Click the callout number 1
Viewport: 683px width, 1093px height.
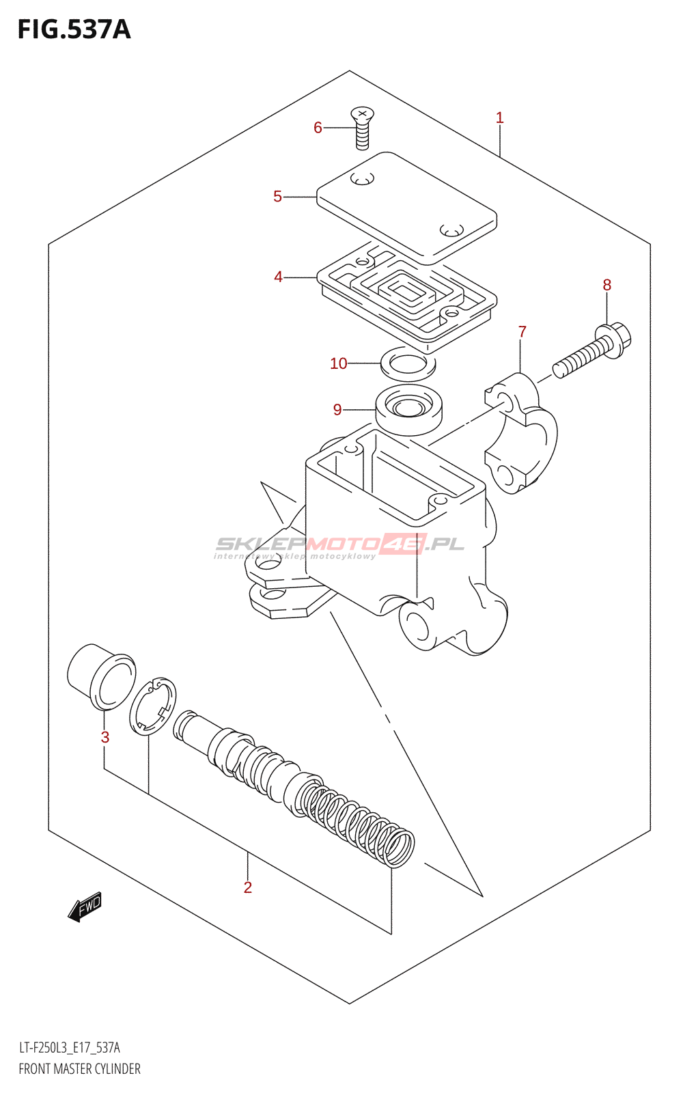pyautogui.click(x=500, y=118)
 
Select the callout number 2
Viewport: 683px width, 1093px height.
pyautogui.click(x=248, y=887)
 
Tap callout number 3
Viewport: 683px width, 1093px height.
pyautogui.click(x=104, y=737)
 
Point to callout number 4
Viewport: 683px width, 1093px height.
pyautogui.click(x=278, y=277)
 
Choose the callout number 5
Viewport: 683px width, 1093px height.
pyautogui.click(x=277, y=197)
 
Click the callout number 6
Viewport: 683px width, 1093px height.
pyautogui.click(x=318, y=128)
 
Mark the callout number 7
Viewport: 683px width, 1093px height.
pyautogui.click(x=522, y=332)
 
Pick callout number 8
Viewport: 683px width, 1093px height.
pyautogui.click(x=607, y=285)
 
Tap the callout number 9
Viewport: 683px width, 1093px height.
pyautogui.click(x=337, y=410)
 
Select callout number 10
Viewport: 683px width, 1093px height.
pyautogui.click(x=339, y=363)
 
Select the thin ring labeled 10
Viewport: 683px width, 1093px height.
pyautogui.click(x=408, y=364)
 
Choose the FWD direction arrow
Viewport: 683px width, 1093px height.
pyautogui.click(x=85, y=907)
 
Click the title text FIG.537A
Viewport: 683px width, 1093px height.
pyautogui.click(x=74, y=30)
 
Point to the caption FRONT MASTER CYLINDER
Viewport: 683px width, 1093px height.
pyautogui.click(x=79, y=1069)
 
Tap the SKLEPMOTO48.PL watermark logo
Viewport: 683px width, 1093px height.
pyautogui.click(x=339, y=545)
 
